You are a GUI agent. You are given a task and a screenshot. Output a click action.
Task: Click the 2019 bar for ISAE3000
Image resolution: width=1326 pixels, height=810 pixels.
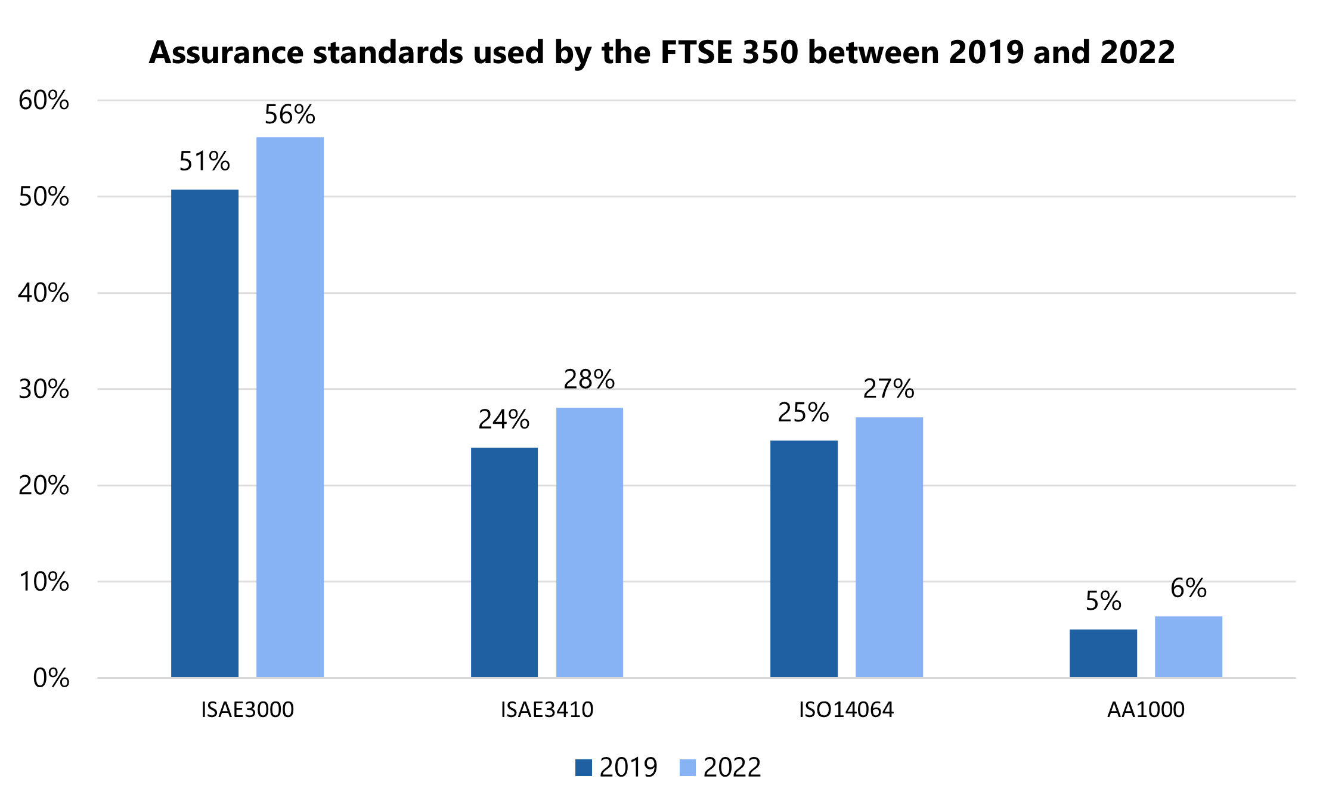[205, 433]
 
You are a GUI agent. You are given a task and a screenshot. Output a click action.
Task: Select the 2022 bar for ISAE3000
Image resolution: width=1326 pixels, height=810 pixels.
[290, 407]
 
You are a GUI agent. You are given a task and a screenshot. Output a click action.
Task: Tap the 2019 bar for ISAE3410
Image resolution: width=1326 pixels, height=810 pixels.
[504, 562]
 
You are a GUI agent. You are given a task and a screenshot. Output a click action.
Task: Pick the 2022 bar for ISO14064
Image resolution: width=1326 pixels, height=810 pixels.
[889, 547]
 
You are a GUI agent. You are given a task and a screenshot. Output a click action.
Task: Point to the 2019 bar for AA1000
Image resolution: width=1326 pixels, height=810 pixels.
[1103, 653]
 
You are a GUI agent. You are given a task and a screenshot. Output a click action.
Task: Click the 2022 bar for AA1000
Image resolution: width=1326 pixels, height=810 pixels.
[1188, 647]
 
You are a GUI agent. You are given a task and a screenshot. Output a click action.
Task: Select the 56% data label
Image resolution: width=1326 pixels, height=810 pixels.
[290, 114]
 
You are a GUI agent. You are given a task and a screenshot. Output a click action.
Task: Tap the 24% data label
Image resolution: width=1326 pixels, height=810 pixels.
[504, 420]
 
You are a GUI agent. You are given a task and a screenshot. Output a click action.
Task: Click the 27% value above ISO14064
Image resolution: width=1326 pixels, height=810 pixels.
[888, 389]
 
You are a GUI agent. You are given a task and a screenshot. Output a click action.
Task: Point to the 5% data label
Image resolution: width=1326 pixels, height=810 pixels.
[1103, 601]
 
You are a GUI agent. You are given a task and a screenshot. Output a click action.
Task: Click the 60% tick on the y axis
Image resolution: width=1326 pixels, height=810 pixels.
[44, 101]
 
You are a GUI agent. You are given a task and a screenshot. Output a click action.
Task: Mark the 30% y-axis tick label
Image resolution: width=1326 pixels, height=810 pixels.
[44, 389]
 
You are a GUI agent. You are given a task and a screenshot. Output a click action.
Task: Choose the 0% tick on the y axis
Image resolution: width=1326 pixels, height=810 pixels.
[51, 678]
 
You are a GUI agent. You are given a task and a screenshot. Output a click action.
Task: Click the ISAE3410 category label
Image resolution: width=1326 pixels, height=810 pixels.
[547, 709]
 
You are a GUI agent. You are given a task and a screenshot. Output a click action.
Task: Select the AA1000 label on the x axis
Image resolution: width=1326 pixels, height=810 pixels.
[1145, 709]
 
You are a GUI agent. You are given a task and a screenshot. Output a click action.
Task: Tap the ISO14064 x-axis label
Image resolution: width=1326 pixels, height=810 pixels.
[846, 709]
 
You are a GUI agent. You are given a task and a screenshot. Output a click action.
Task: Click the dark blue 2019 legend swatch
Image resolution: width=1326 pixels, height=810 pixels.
[583, 767]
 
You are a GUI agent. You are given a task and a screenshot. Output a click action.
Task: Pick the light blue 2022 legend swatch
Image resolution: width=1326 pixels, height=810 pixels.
[687, 767]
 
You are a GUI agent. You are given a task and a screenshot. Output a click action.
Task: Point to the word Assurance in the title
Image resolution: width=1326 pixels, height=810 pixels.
[227, 52]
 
